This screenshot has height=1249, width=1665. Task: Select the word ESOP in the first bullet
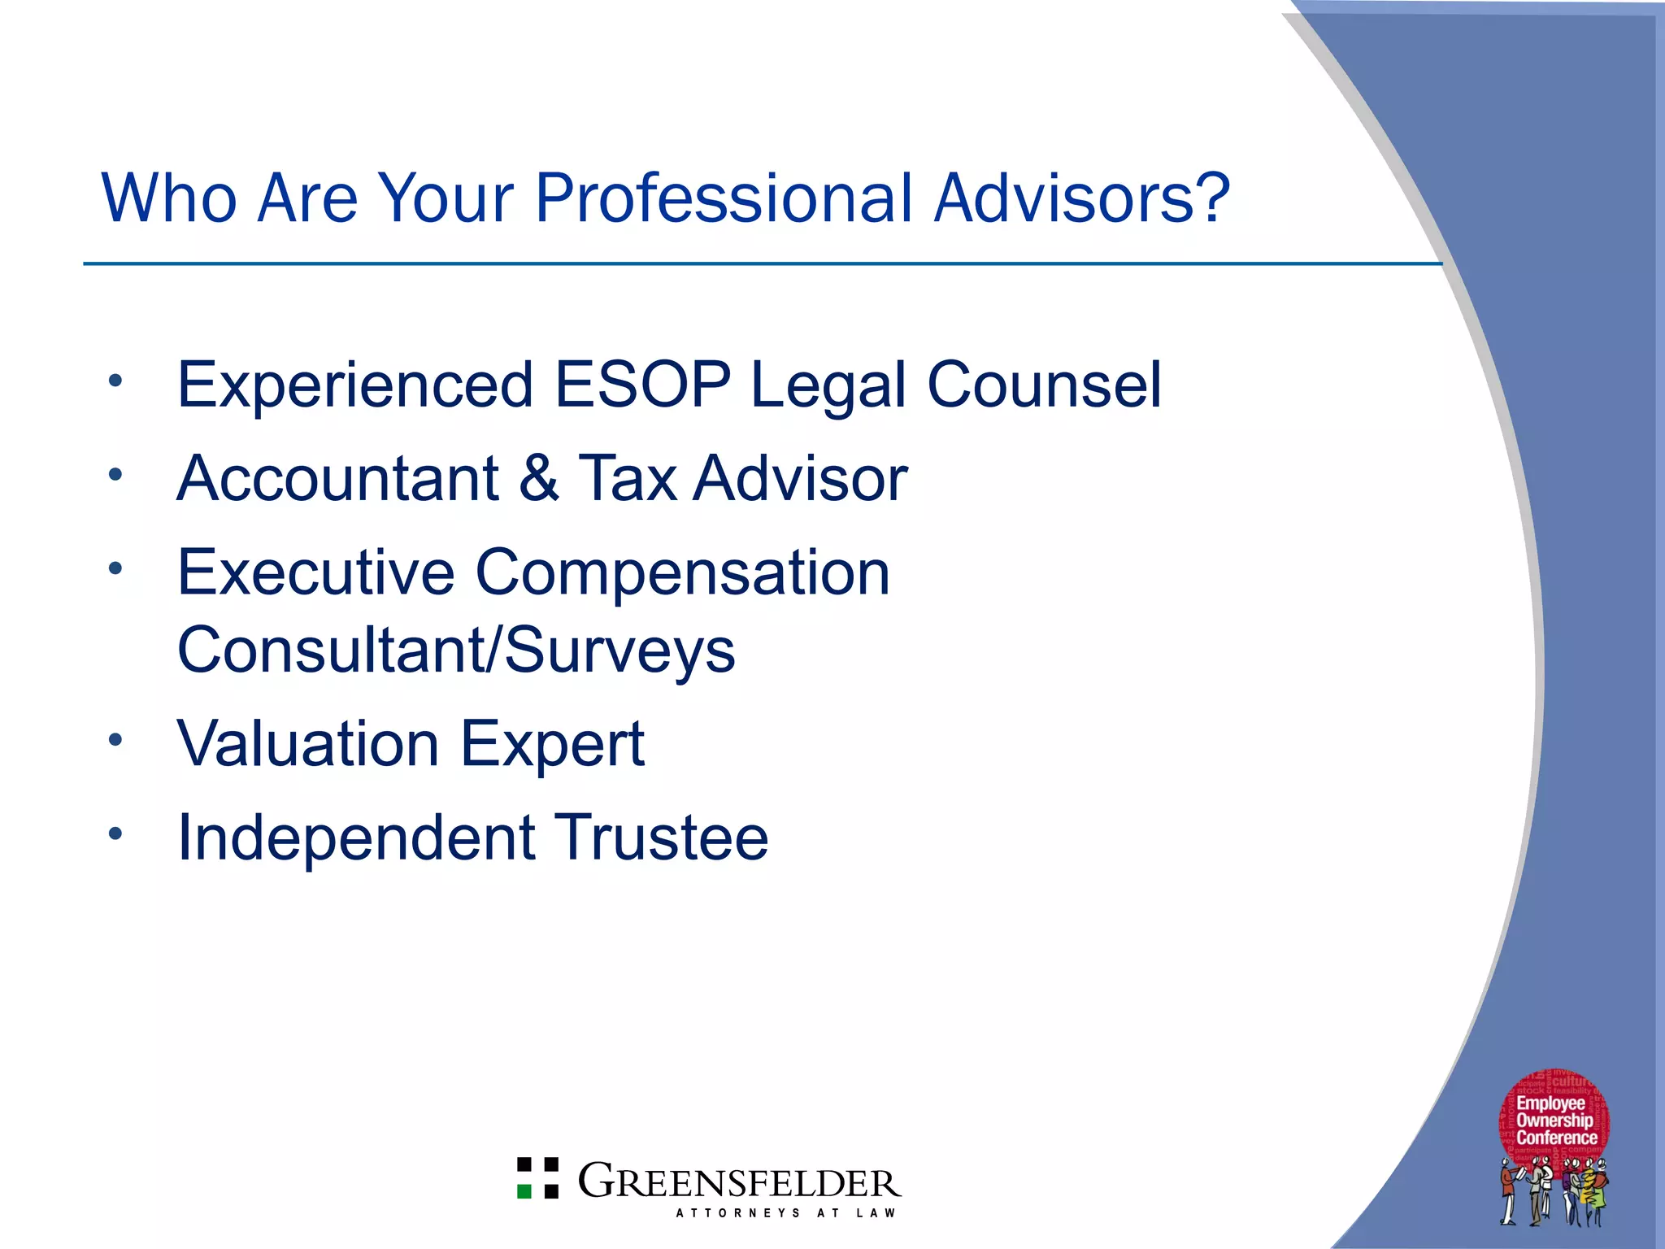click(x=641, y=384)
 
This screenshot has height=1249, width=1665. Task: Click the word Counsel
click(x=1044, y=384)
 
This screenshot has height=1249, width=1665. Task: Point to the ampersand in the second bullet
click(x=538, y=478)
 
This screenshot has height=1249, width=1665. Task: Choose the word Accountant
click(x=337, y=478)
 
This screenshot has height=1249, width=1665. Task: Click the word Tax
click(x=627, y=478)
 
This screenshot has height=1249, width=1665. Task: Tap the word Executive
click(x=315, y=572)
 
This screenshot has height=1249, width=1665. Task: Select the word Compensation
click(x=682, y=572)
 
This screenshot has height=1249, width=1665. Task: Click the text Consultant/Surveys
click(x=456, y=651)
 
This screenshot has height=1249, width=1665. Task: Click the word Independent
click(x=356, y=838)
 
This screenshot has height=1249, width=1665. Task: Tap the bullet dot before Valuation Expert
click(x=115, y=739)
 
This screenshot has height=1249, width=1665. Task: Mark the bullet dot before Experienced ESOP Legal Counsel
click(x=115, y=380)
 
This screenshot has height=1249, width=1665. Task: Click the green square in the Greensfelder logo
click(x=524, y=1190)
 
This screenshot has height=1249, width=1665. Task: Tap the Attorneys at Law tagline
click(x=785, y=1212)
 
